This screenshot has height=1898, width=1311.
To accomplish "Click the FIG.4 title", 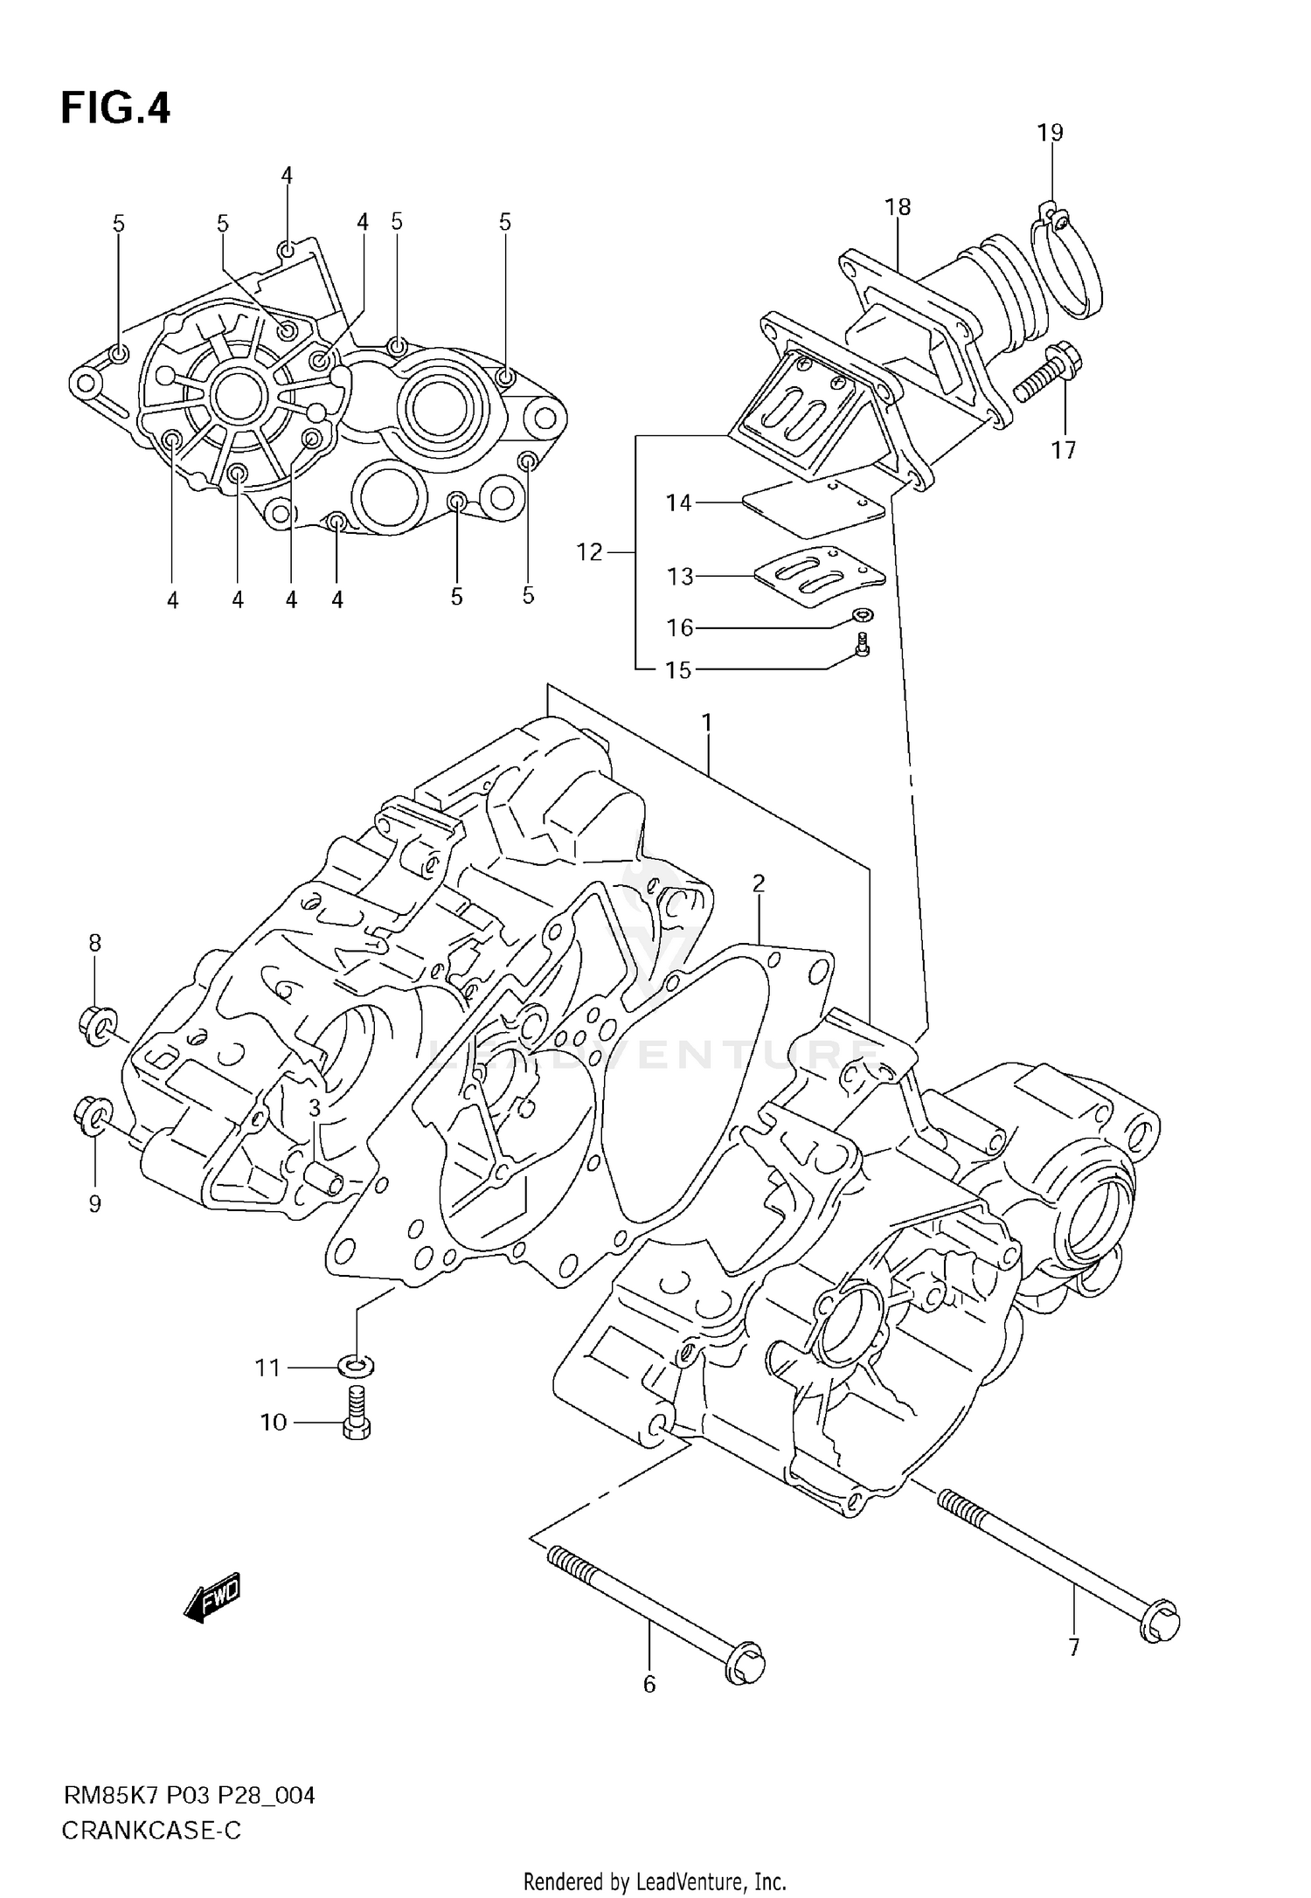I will (x=114, y=109).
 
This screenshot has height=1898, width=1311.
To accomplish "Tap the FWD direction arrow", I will (x=212, y=1599).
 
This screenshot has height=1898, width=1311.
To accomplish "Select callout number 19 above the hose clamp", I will (x=1050, y=133).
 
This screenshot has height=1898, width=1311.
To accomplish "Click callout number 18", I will (x=898, y=207).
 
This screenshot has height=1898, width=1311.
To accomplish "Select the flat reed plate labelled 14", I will (x=814, y=509).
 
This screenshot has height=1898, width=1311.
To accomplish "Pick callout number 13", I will (x=679, y=577).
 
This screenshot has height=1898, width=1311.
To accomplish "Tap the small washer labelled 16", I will (x=864, y=616).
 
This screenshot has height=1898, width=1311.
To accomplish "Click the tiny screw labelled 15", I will (x=864, y=647).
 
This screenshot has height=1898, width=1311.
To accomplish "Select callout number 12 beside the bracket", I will (x=590, y=552).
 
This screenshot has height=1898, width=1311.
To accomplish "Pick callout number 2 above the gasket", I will (x=758, y=883).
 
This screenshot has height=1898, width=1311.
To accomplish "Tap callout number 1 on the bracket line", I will (x=706, y=724).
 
